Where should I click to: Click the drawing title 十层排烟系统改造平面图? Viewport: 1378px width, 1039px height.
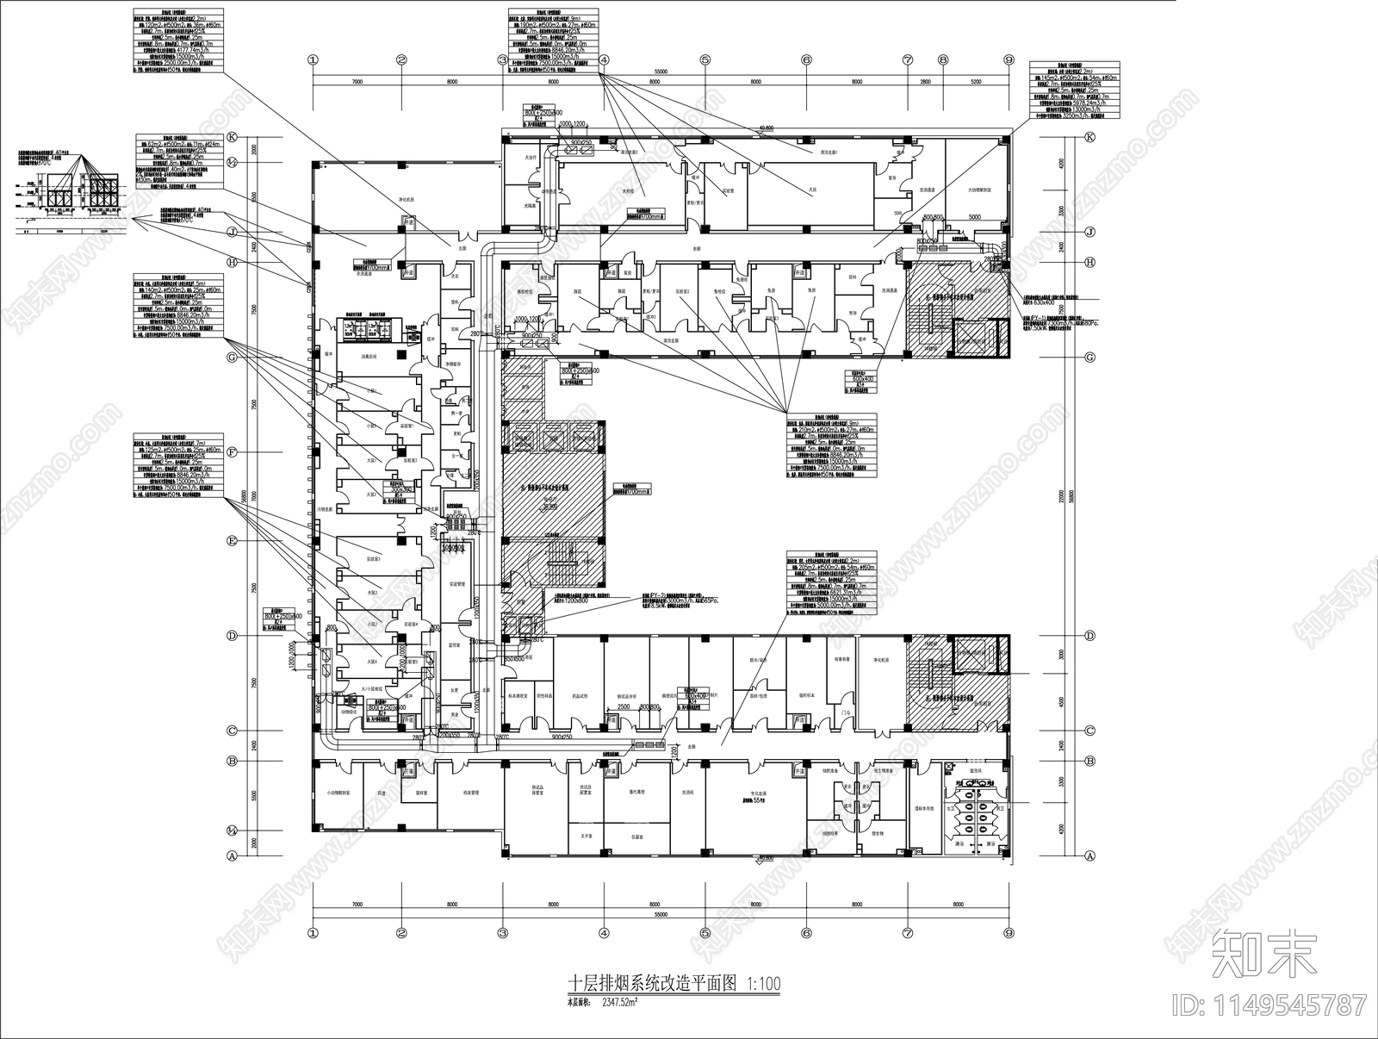655,984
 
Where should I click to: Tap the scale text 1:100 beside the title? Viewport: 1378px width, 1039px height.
764,984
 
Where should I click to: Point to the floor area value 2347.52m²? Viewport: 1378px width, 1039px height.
619,1003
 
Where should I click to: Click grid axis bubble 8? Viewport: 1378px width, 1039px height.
943,60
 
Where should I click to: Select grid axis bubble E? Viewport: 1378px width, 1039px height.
232,540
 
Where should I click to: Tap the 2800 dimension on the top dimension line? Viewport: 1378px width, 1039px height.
925,81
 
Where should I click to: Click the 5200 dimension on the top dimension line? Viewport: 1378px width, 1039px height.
976,81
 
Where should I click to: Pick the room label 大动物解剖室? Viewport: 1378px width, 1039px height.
977,190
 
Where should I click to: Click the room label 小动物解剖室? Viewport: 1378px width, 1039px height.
338,794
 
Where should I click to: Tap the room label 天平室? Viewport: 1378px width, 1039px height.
586,835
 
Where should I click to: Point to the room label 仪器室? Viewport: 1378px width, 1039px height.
638,835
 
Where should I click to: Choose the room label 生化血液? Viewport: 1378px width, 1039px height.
754,794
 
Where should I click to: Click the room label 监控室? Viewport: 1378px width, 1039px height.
456,644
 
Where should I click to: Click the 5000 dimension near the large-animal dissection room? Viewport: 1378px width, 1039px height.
974,218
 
